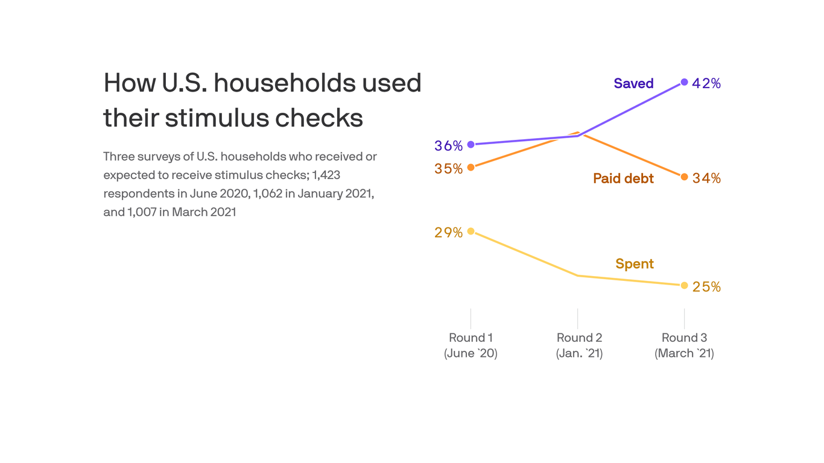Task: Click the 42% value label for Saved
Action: (x=706, y=84)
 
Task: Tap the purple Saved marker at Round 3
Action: (x=684, y=82)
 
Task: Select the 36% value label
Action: (x=448, y=146)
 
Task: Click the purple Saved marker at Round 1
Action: (x=471, y=145)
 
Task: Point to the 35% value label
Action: (x=448, y=169)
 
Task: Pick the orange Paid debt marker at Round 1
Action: (x=471, y=167)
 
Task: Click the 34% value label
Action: (x=706, y=178)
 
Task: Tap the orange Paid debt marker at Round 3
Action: (x=684, y=177)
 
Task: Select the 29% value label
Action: (x=448, y=233)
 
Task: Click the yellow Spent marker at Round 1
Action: (x=471, y=231)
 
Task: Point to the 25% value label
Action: (x=706, y=287)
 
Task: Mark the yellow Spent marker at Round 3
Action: (x=684, y=285)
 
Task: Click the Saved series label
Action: (x=633, y=84)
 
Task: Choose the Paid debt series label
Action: (x=623, y=178)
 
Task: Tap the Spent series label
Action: (x=635, y=264)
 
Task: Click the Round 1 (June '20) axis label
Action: (x=471, y=345)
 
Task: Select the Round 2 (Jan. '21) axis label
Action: (x=579, y=345)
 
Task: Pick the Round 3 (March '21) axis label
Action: (x=684, y=345)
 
